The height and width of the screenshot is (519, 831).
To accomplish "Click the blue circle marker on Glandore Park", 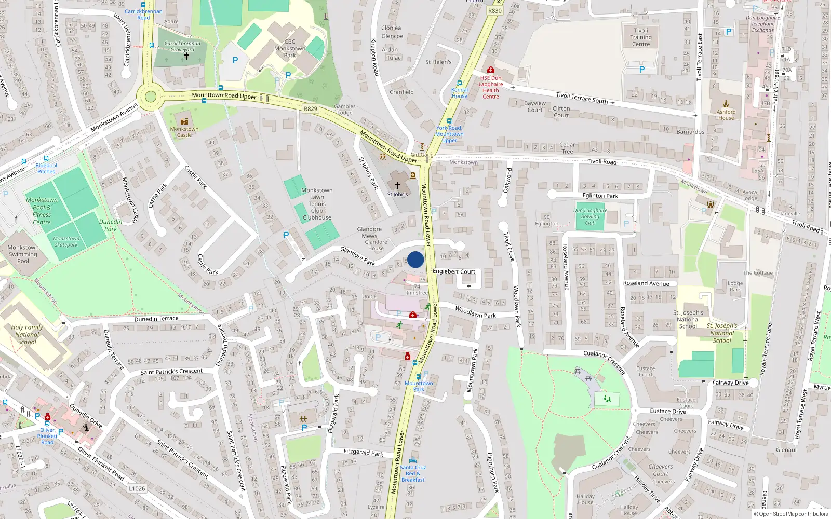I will pos(415,259).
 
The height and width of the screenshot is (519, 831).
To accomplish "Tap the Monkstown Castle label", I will pos(184,132).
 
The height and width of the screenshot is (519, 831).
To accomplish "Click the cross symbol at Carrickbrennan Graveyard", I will pos(186,56).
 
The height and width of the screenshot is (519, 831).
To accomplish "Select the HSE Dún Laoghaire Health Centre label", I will pos(491,87).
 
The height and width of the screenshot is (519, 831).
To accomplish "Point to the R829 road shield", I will pos(311,108).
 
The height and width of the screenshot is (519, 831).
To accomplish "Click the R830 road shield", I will pos(495,10).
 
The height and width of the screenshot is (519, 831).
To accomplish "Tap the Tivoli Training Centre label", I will pos(641,37).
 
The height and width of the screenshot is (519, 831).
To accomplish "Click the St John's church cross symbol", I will pos(398,185).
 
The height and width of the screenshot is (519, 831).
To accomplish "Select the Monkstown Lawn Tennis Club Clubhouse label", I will pos(317,204).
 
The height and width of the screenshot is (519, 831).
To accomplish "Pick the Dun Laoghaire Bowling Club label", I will pos(590,216).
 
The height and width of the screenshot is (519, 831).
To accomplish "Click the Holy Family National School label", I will pos(27,334).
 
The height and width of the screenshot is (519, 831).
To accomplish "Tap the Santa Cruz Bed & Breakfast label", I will pos(413,473).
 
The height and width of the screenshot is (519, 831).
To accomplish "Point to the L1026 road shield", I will pos(137,488).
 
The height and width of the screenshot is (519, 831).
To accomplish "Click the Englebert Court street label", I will pos(454,271).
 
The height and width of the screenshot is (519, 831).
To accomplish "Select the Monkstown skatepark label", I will pos(66,241).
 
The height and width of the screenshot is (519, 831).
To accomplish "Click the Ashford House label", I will pos(726,115).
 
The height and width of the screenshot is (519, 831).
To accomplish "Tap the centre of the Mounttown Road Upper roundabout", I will pos(151,97).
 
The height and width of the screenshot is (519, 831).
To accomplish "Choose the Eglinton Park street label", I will pos(600,196).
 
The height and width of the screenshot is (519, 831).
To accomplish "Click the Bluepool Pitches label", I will pos(46,169).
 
